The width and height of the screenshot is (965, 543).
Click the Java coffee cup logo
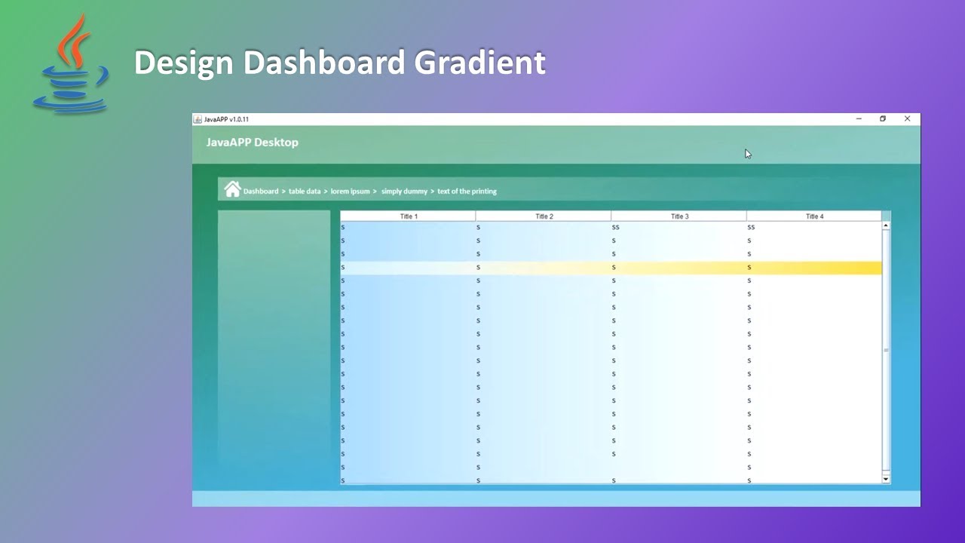[71, 66]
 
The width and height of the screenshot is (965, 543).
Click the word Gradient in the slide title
[479, 63]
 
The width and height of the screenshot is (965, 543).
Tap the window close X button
[907, 118]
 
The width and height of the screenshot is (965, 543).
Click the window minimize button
[859, 118]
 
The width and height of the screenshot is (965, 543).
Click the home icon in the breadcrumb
[232, 189]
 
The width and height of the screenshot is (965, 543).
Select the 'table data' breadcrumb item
[305, 192]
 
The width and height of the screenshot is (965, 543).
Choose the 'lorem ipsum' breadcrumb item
[351, 192]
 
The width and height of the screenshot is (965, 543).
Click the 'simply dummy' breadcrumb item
[404, 192]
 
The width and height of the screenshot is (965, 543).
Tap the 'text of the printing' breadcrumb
[467, 192]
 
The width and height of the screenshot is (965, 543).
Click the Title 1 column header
[409, 216]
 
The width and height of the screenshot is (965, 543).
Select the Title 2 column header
[544, 216]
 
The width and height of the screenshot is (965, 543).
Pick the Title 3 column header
[679, 216]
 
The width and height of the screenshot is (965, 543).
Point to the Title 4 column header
[814, 216]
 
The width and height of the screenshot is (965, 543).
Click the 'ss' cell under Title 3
[615, 227]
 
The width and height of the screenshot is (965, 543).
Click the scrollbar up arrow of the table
[886, 225]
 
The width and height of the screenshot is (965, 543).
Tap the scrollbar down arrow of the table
[886, 479]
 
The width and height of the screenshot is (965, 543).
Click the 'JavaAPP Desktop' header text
[252, 143]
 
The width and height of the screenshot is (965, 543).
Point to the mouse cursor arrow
[747, 154]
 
